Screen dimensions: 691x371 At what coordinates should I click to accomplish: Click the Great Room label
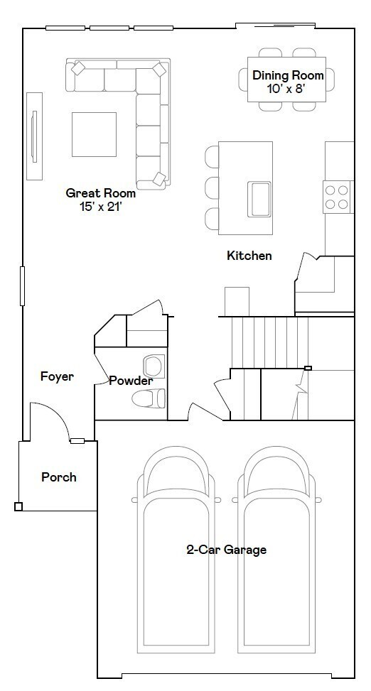(100, 192)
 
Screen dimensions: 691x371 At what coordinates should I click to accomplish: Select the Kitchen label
(249, 256)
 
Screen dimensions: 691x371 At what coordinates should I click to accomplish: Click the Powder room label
(131, 381)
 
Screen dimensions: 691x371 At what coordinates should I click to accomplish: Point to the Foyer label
(57, 376)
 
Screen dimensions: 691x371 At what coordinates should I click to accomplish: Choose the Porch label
(58, 477)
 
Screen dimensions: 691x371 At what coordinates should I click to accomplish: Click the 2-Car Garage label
(226, 550)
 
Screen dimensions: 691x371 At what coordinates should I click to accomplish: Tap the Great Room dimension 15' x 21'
(100, 206)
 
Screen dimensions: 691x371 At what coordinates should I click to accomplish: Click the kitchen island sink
(259, 198)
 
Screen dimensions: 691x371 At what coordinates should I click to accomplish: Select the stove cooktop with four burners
(338, 197)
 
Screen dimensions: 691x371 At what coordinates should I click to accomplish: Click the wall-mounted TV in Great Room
(33, 136)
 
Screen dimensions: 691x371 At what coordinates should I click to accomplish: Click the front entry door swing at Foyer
(50, 423)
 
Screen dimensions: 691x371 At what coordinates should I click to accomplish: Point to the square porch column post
(18, 507)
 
